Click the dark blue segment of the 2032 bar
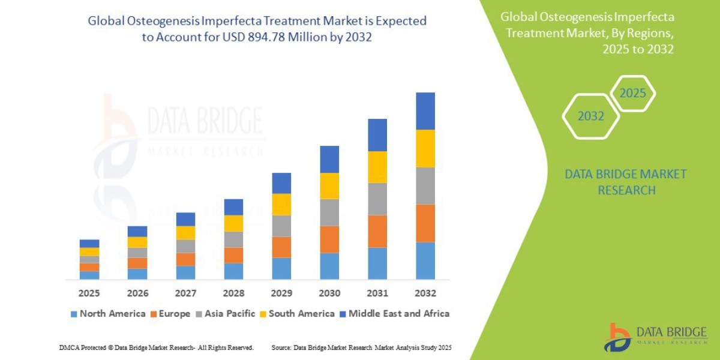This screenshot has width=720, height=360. pos(425,111)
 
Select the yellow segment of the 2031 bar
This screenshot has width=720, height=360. pos(377,167)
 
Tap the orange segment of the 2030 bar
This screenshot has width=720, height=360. pos(329,239)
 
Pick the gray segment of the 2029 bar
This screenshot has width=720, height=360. pos(281,226)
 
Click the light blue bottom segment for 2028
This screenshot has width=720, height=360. pos(233,271)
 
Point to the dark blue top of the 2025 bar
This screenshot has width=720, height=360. pos(89,244)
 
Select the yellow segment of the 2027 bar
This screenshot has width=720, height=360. pos(185,233)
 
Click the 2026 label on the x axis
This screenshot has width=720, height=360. pos(137,293)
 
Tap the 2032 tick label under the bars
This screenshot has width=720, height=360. pos(425,293)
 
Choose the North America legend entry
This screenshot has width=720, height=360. pos(107,313)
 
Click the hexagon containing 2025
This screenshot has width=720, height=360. pos(632,94)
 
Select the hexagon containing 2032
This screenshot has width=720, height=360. pos(590,116)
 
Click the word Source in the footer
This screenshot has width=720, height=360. pos(281,347)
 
